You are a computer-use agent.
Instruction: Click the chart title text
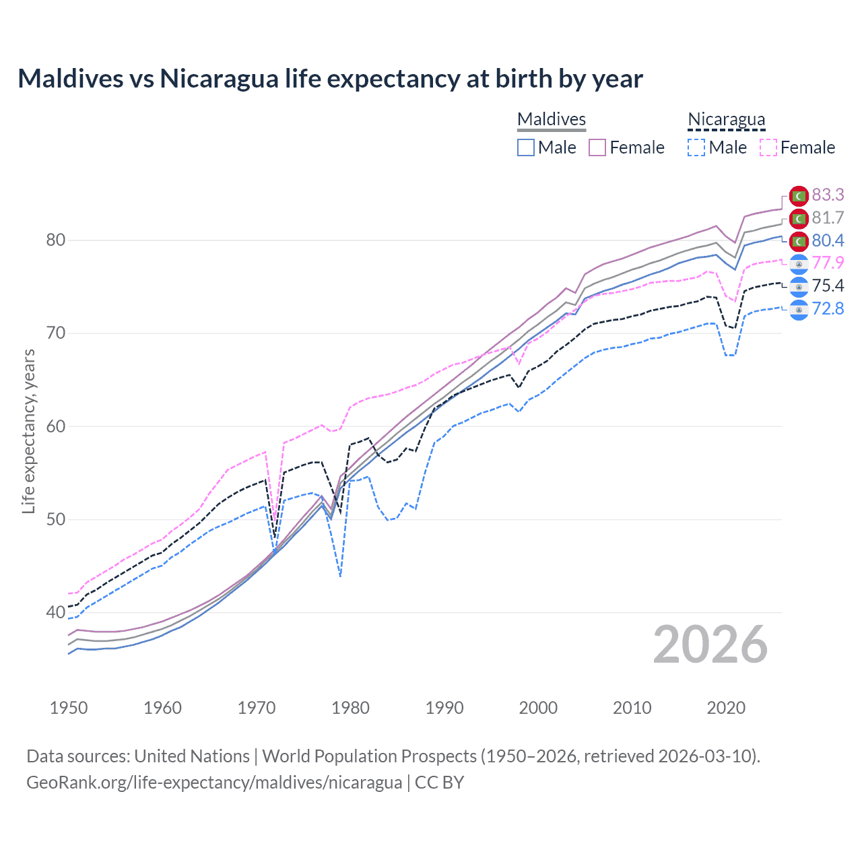point(330,79)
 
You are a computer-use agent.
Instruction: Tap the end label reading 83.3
point(828,195)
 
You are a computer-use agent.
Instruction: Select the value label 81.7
point(828,218)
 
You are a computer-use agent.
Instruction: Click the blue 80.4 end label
point(828,240)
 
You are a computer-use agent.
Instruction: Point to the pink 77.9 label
point(828,263)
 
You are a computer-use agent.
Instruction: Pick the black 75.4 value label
point(828,286)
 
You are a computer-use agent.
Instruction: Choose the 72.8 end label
point(828,308)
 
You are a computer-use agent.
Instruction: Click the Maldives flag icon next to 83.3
point(799,196)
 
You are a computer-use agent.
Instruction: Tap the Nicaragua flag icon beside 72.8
point(799,310)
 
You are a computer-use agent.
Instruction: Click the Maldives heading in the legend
point(552,119)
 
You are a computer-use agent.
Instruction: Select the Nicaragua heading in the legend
point(726,119)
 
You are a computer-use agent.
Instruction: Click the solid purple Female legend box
point(597,147)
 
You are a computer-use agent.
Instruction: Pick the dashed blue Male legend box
point(696,147)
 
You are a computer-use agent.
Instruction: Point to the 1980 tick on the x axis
point(350,708)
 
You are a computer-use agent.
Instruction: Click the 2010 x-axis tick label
point(632,708)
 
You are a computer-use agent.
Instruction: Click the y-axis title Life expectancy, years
point(28,431)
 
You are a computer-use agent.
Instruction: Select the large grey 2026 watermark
point(710,644)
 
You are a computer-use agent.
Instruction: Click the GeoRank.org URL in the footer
point(214,783)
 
